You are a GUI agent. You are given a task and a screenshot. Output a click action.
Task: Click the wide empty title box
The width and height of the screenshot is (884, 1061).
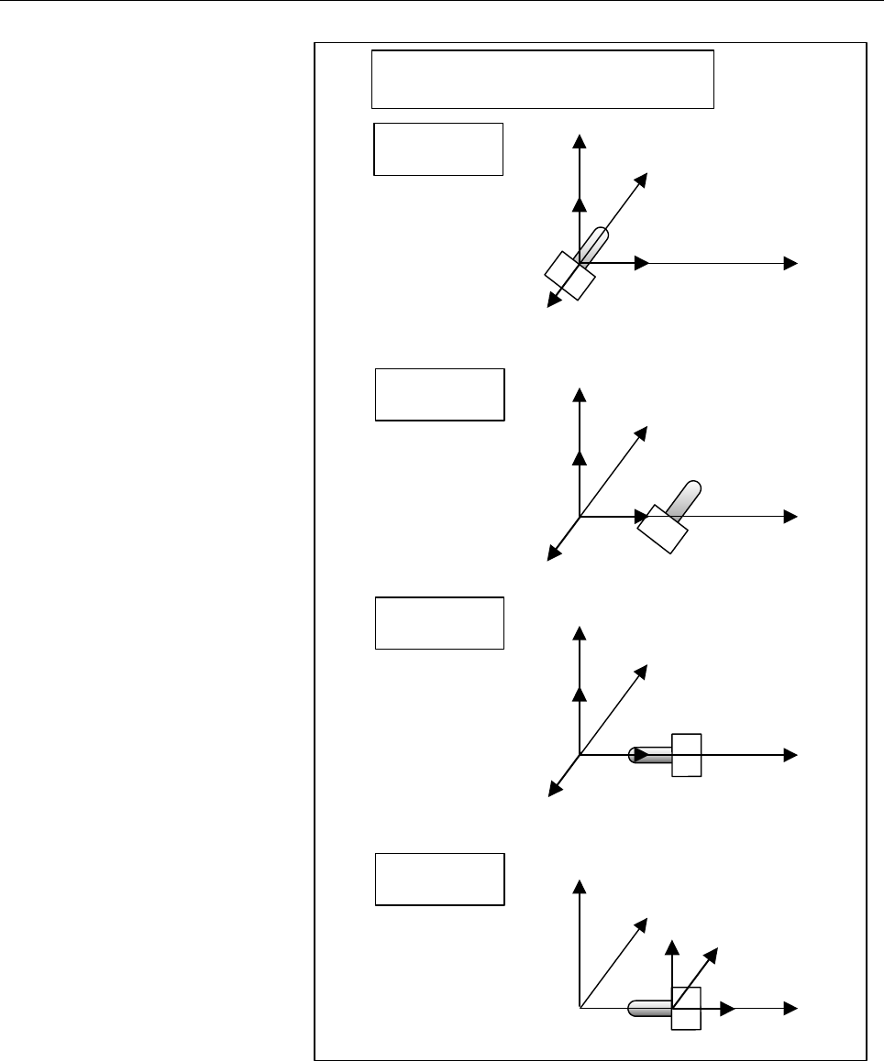(542, 80)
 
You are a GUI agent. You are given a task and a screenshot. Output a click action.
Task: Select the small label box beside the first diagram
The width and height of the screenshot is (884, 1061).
(438, 148)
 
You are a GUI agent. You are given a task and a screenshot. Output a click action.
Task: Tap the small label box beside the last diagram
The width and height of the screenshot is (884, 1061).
(439, 880)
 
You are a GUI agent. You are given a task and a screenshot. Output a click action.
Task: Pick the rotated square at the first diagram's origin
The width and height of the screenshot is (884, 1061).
(569, 274)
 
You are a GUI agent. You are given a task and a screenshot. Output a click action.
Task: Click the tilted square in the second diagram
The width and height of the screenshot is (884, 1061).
(663, 529)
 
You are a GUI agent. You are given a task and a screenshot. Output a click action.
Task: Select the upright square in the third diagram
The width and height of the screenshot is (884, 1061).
(686, 755)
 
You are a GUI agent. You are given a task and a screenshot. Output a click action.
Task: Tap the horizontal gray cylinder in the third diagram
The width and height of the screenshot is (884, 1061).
(649, 755)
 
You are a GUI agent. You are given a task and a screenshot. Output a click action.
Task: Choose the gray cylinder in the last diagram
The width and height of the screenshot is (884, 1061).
(649, 1009)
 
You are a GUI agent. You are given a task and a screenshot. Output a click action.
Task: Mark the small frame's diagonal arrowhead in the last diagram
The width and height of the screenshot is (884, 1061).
(712, 956)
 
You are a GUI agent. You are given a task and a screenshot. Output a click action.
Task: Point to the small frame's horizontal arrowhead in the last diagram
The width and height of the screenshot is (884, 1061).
(729, 1009)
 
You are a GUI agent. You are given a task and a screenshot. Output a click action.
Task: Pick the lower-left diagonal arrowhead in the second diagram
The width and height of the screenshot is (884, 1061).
(553, 552)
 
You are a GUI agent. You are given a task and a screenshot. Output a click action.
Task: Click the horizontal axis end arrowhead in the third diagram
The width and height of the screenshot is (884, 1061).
(790, 755)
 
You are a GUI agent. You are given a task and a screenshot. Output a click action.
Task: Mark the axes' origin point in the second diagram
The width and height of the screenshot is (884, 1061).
(580, 517)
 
